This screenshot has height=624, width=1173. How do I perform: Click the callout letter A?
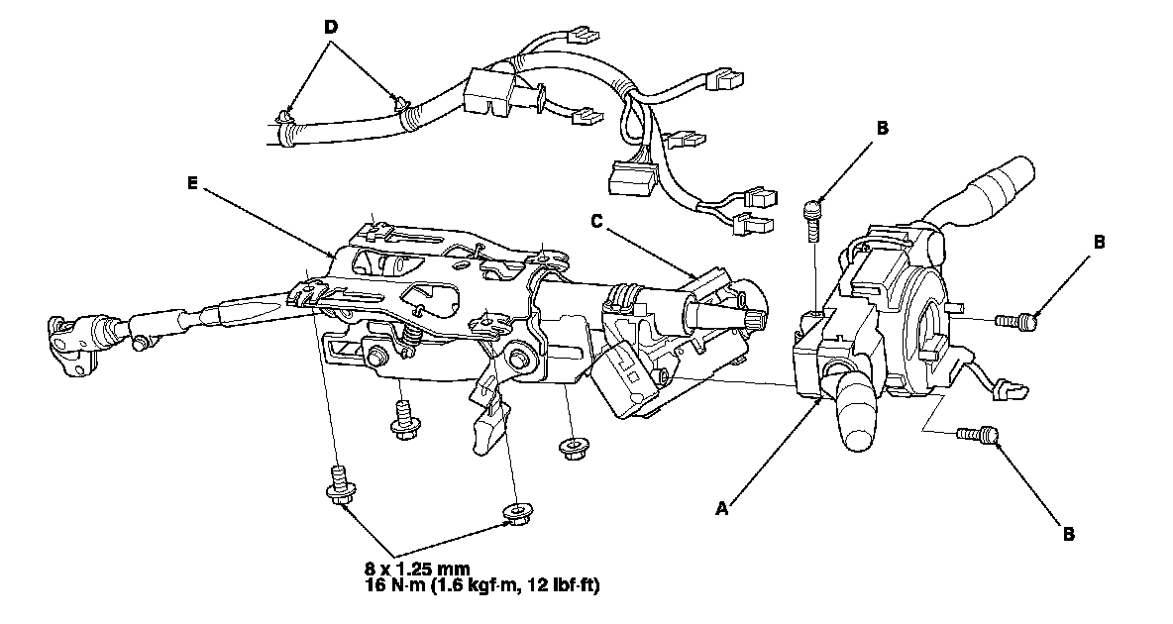722,508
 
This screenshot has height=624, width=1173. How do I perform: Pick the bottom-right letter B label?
1069,534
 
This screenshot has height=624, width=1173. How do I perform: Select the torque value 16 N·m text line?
481,585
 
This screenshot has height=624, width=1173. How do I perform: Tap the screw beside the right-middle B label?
1014,320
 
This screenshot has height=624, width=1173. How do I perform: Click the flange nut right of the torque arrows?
515,513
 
